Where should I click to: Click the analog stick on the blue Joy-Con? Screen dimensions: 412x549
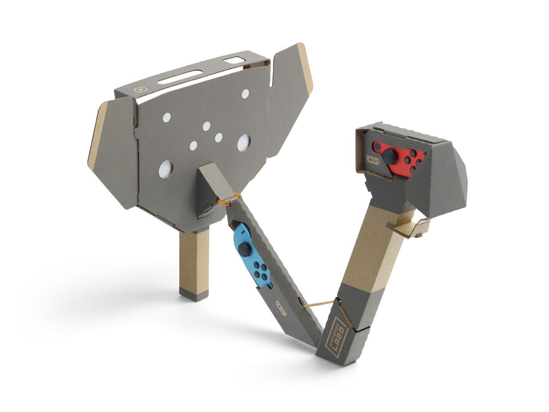[245, 249]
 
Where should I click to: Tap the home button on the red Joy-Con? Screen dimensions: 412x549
[377, 147]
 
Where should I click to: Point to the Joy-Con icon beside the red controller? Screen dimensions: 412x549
[372, 161]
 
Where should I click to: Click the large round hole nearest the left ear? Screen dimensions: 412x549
[166, 169]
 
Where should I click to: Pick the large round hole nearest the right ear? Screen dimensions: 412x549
[244, 142]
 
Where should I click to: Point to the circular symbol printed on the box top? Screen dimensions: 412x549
[139, 90]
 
